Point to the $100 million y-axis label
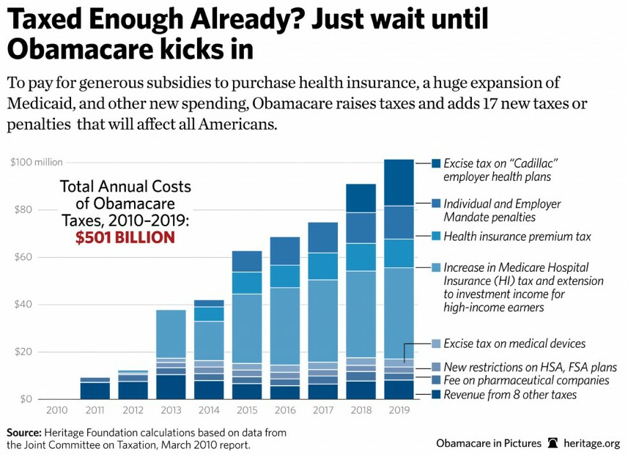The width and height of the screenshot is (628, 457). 37,163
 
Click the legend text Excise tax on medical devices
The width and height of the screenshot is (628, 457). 514,343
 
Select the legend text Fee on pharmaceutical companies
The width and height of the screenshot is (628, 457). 526,380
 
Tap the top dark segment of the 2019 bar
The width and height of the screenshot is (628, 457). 399,182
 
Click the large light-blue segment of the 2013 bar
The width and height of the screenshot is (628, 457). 171,333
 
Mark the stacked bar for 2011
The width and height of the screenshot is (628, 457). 95,388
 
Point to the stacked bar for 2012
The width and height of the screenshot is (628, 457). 133,385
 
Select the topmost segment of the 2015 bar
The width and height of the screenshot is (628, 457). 247,261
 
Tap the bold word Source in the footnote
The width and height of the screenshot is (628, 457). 25,433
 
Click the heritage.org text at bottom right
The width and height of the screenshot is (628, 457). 593,443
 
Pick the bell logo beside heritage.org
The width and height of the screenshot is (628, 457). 553,443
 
